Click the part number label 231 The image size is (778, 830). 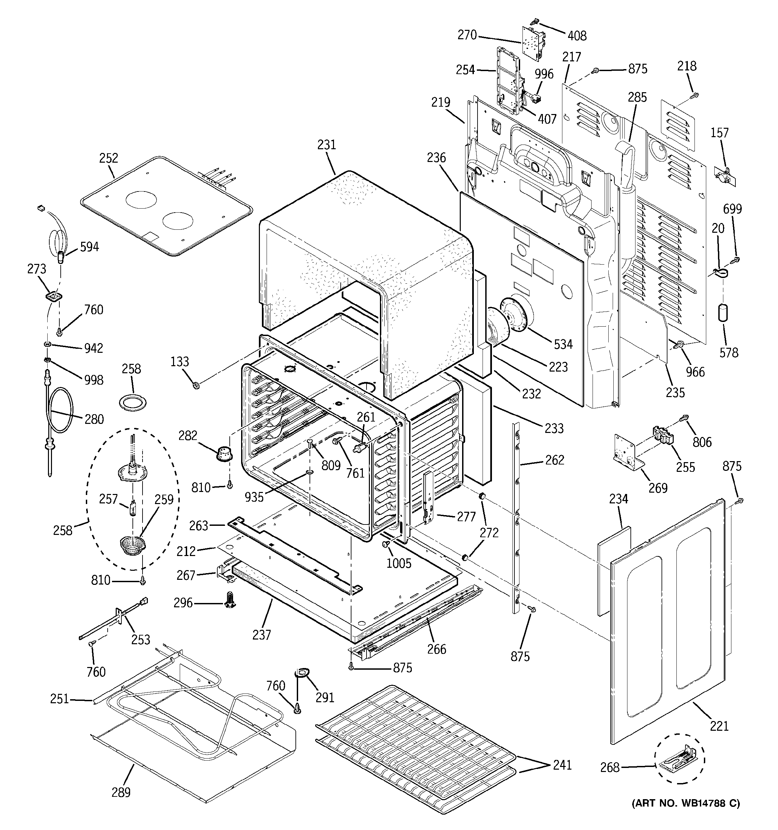click(326, 145)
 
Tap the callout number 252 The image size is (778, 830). click(109, 158)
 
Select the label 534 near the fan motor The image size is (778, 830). click(563, 344)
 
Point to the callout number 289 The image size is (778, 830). click(121, 792)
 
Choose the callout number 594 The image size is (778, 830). click(89, 247)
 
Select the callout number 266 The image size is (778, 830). click(436, 649)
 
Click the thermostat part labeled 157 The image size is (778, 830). click(725, 176)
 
